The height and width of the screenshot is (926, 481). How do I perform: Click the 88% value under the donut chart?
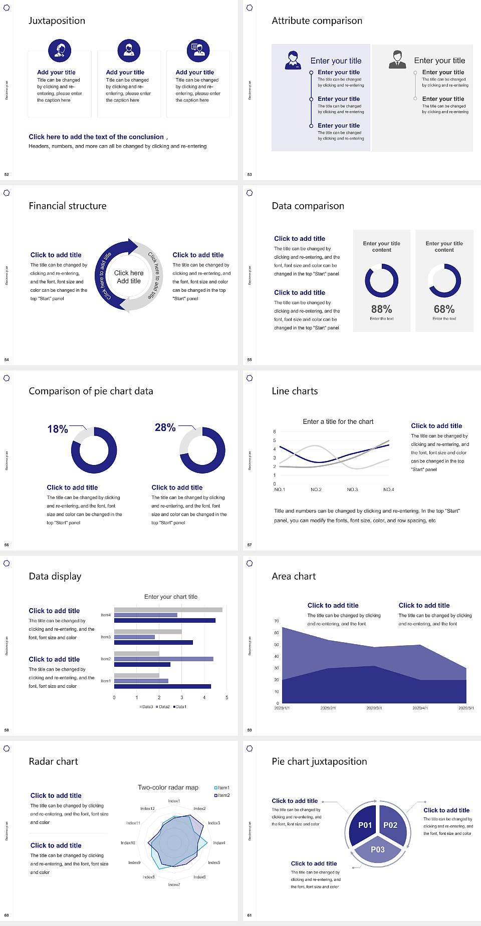tap(381, 309)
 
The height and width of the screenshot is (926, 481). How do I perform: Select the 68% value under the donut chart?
tap(444, 309)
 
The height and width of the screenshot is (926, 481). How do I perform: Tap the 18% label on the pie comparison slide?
tap(58, 429)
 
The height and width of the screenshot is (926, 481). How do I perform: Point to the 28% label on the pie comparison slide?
tap(165, 427)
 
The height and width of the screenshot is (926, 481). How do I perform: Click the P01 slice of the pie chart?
tap(365, 825)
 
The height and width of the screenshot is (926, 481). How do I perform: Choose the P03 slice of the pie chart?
tap(378, 849)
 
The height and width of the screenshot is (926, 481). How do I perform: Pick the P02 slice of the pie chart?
tap(390, 825)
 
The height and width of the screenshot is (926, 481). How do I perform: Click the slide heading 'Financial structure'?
tap(68, 206)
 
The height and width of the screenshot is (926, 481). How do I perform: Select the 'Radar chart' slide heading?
tap(54, 761)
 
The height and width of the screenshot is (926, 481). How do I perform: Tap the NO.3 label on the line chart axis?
tap(352, 490)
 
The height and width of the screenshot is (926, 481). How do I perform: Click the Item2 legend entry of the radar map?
tap(222, 795)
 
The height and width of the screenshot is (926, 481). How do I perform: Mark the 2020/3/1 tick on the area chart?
tap(374, 708)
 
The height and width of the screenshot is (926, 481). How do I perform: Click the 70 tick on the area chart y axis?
tap(277, 621)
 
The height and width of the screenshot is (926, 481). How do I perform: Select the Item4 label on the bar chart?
tap(106, 615)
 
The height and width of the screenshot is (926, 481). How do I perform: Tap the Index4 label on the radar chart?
tap(219, 843)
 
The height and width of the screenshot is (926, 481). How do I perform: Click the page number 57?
tap(250, 545)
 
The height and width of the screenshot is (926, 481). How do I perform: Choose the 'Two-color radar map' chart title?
tap(168, 787)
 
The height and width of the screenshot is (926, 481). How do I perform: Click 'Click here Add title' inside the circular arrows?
tap(129, 277)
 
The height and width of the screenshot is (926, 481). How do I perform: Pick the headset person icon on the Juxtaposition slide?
tap(60, 50)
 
